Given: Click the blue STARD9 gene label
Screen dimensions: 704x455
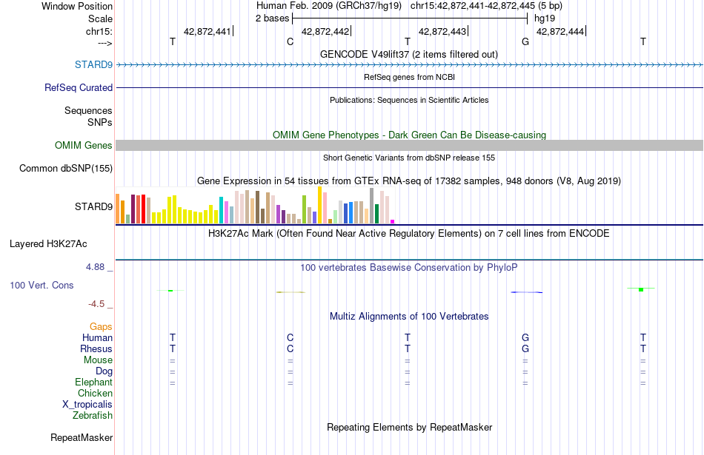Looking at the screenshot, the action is pos(93,64).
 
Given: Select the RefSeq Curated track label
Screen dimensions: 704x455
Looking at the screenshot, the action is pos(79,87).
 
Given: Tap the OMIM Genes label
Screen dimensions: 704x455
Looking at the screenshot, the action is pos(84,145).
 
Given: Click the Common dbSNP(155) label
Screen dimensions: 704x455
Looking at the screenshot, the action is pos(66,168).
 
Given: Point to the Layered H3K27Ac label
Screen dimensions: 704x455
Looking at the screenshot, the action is pos(48,244).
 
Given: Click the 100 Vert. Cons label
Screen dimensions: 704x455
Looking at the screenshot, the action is pos(41,285).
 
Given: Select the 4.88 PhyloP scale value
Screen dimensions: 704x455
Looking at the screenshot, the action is pos(95,267).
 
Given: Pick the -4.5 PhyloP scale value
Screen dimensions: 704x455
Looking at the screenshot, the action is pos(96,304).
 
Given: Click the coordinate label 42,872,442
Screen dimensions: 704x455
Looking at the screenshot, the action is pos(325,31).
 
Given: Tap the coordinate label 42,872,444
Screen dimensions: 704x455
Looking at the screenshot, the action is pos(560,31).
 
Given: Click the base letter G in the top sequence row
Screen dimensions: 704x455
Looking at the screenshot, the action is pos(525,41).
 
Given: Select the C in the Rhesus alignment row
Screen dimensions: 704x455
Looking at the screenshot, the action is pos(290,348).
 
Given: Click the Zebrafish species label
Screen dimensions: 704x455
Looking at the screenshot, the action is pos(93,416).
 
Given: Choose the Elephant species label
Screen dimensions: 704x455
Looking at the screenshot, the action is pos(94,382).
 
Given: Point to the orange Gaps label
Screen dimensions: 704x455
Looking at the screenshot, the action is pos(101,327).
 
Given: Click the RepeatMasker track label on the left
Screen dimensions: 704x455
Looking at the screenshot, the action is pos(82,437).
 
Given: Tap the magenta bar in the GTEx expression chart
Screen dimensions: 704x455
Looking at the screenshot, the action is pos(393,221).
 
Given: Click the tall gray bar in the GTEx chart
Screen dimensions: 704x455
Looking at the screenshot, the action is pos(372,206).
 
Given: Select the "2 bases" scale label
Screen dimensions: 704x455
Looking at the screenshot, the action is pos(273,18).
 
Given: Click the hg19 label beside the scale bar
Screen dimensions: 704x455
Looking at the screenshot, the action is pos(545,18).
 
